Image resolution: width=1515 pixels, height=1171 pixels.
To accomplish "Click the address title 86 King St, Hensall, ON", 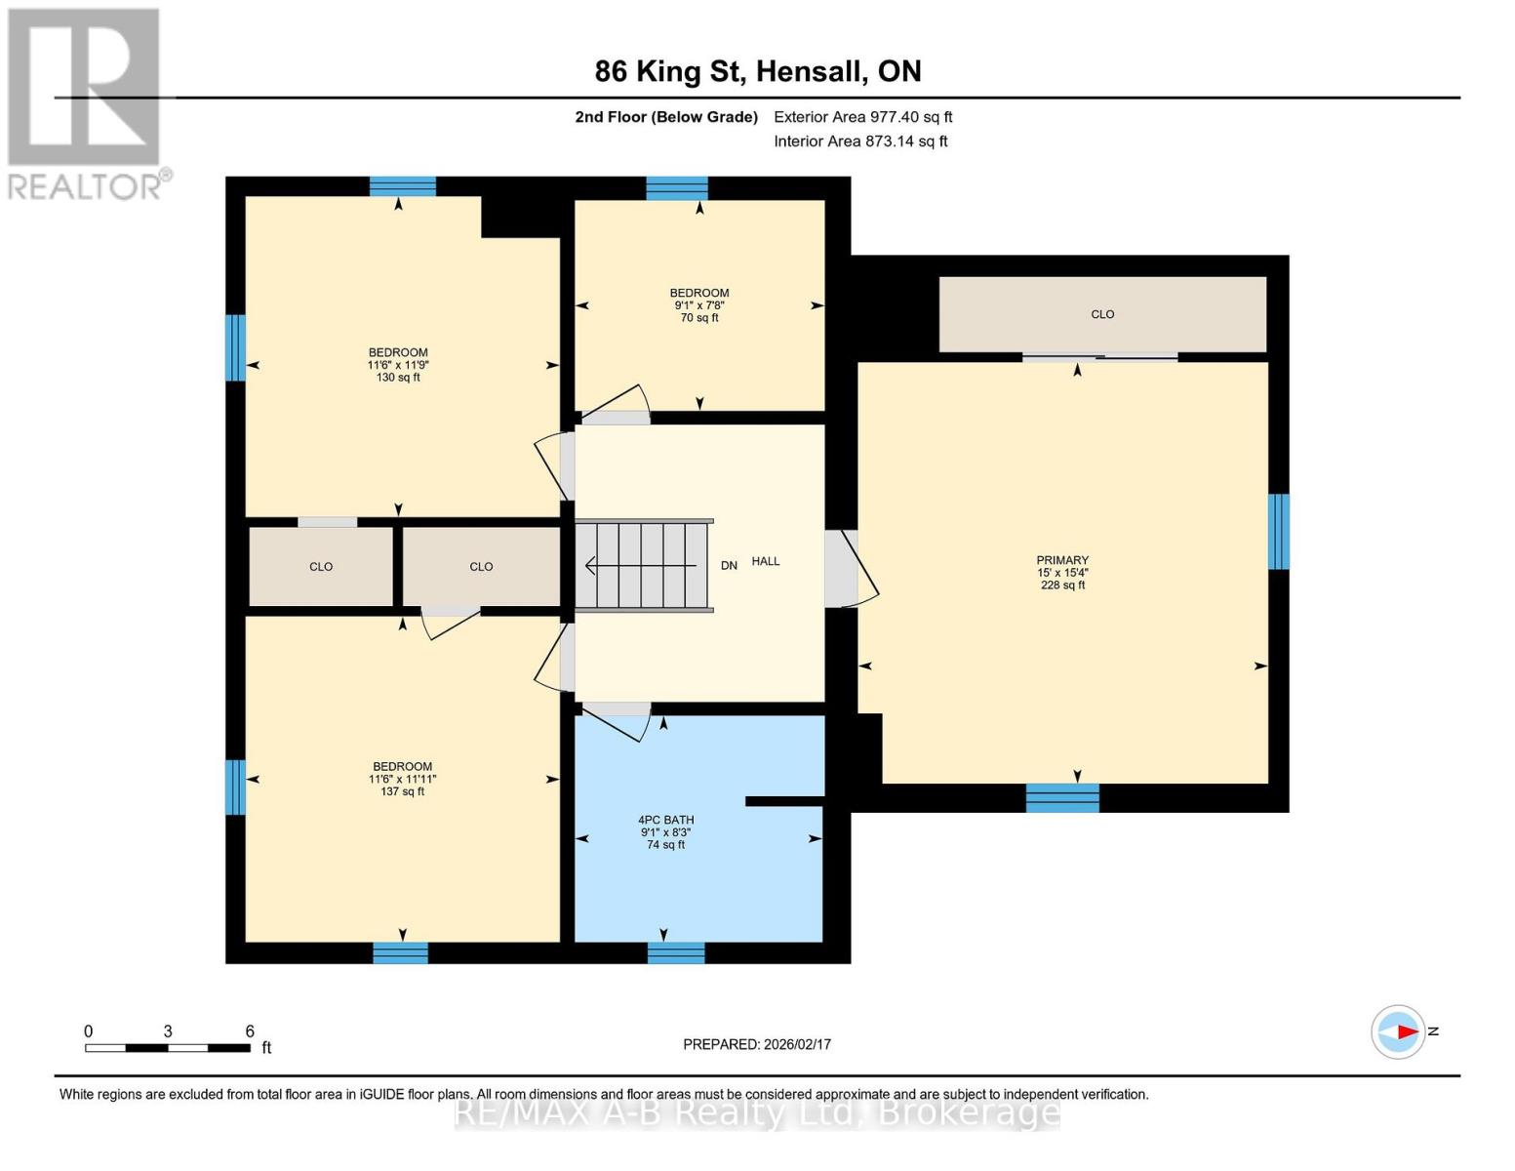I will point(758,71).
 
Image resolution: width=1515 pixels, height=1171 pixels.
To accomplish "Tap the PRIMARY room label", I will point(1062,561).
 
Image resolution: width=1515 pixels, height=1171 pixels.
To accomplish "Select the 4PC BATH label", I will point(665,821).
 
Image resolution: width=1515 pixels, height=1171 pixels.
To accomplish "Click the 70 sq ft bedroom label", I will point(699,304).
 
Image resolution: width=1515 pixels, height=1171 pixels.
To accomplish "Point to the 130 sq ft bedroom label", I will point(398,364).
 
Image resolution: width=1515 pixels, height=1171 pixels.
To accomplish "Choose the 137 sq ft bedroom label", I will point(402,779).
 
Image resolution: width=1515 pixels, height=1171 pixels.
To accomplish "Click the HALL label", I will point(766,561).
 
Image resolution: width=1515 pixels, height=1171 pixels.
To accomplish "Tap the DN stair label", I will point(729,566).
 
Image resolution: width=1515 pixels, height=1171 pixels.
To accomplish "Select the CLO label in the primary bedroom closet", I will point(1102,314).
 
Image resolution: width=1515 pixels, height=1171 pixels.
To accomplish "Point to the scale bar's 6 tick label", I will point(250,1031).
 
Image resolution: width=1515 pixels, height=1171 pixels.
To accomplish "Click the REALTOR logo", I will point(85,102).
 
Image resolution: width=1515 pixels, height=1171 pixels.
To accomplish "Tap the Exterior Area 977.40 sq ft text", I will point(862,117).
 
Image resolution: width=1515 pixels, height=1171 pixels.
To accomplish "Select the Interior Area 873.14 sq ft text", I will point(860,141).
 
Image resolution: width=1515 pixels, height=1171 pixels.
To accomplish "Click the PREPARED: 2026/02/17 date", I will point(757,1044).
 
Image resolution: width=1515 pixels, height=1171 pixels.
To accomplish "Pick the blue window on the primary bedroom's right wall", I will point(1278,532).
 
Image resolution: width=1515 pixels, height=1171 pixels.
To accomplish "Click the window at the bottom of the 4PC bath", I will point(676,952).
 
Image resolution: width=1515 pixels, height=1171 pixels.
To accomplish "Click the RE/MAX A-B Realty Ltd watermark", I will point(757,1112).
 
